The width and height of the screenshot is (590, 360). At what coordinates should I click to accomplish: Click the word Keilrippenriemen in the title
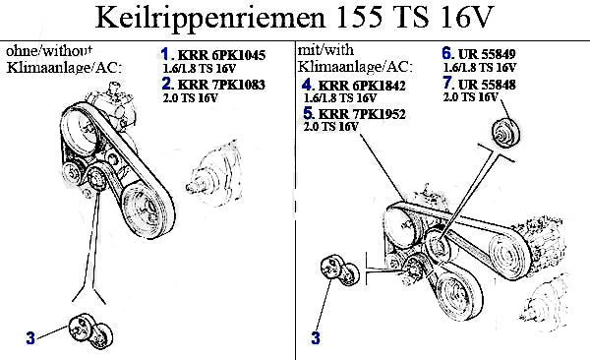click(210, 18)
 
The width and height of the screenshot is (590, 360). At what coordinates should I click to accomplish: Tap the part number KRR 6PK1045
click(221, 55)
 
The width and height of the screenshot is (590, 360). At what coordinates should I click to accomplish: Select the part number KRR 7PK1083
click(221, 85)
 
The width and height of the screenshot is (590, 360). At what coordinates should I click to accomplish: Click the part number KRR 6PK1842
click(362, 86)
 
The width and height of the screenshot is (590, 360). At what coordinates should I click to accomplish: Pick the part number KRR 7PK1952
click(362, 114)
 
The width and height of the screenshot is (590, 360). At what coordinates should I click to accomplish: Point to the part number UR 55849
click(487, 55)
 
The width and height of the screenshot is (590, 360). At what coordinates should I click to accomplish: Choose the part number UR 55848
click(487, 85)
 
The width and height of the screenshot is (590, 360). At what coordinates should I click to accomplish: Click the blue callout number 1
click(165, 54)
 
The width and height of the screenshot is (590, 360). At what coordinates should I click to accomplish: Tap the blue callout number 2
click(166, 84)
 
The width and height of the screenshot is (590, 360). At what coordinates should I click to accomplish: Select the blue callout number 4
click(307, 85)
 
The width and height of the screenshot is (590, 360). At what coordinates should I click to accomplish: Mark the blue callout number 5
click(308, 113)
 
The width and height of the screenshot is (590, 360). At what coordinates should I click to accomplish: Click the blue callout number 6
click(446, 53)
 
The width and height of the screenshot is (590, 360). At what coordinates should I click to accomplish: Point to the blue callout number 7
click(447, 83)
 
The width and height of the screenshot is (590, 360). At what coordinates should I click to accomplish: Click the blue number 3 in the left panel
click(30, 337)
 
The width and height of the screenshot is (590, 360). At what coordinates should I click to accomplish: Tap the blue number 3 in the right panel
click(316, 337)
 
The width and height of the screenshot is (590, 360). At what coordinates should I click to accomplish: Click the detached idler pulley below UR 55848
click(506, 133)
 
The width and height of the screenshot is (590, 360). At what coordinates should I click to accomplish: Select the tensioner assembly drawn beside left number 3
click(90, 331)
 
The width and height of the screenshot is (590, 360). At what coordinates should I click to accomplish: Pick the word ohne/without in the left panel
click(49, 50)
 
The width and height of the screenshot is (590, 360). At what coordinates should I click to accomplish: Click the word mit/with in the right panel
click(325, 50)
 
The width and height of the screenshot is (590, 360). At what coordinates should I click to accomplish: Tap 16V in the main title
click(466, 18)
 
